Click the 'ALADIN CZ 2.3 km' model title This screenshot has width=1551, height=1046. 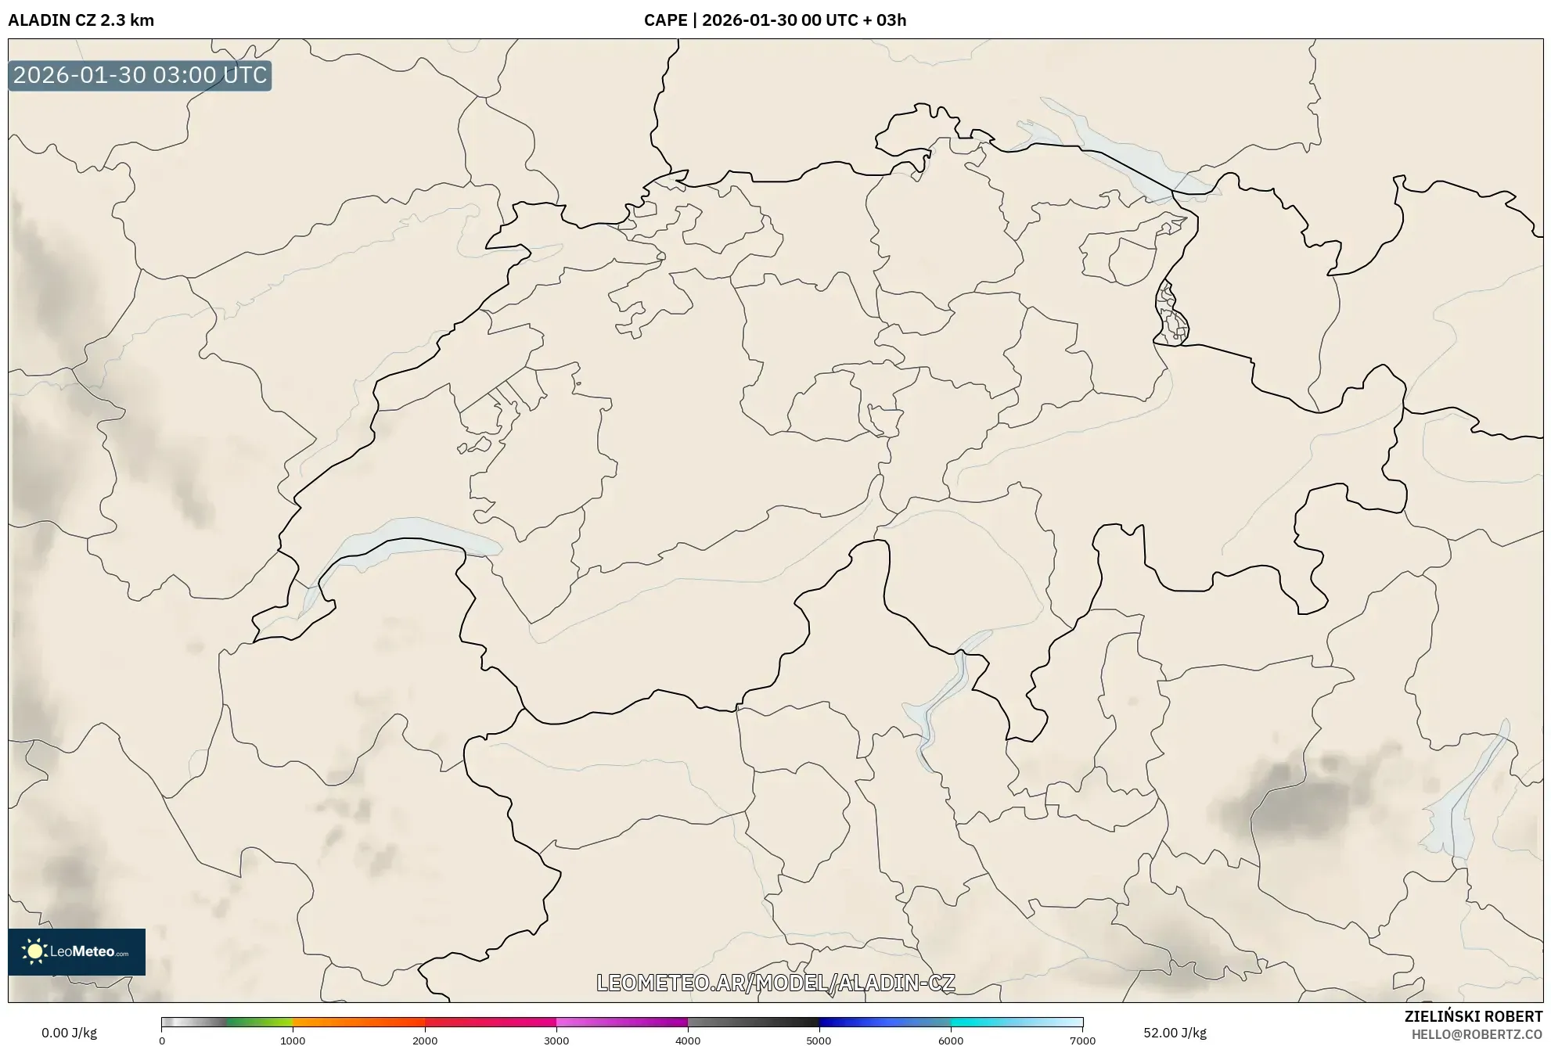coord(81,20)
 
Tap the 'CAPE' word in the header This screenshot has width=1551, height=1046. coord(665,20)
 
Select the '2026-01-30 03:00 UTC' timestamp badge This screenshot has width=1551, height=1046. coord(140,76)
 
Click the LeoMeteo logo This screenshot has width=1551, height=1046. coord(77,951)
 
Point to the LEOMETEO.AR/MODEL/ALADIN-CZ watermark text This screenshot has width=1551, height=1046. coord(775,983)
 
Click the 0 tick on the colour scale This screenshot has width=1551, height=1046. coord(162,1041)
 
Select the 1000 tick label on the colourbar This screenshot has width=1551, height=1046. coord(293,1041)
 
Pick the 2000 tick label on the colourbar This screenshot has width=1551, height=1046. coord(425,1041)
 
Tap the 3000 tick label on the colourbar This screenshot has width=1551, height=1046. coord(556,1041)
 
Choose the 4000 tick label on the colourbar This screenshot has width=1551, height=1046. coord(688,1041)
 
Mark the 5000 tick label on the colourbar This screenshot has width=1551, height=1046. coord(819,1041)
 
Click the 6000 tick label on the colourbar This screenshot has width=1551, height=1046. coord(951,1041)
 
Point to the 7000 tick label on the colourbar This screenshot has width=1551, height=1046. coord(1082,1041)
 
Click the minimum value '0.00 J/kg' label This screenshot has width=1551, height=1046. coord(69,1033)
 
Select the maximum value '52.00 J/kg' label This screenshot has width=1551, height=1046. coord(1175,1033)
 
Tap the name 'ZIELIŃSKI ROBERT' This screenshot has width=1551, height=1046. coord(1474,1016)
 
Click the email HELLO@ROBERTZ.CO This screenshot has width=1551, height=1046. coord(1477,1034)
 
